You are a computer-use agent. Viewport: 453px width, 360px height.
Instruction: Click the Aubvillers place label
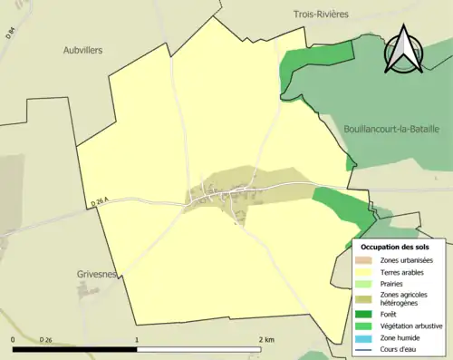pos(83,52)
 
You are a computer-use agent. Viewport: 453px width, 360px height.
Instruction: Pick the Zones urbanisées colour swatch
pos(366,260)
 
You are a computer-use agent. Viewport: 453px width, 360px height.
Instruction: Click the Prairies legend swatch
pos(366,283)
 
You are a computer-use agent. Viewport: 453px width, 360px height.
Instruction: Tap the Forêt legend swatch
pos(366,315)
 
